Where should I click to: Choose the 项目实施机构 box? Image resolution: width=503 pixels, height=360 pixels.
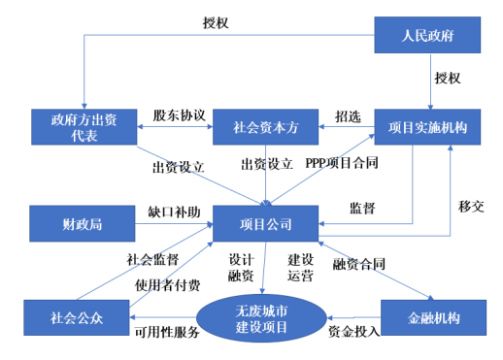tap(428, 127)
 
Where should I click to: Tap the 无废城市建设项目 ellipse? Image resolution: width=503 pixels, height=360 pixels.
tap(261, 317)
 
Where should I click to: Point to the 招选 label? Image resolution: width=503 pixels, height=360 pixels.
tap(348, 115)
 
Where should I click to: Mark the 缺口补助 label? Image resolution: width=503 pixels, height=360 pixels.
tap(174, 211)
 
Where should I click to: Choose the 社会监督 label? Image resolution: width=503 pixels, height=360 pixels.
tap(153, 260)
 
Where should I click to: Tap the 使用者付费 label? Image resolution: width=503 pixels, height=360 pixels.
tap(168, 285)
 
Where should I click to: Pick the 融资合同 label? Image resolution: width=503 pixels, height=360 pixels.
tap(359, 264)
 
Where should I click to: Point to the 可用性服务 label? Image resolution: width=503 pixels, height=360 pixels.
tap(166, 333)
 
